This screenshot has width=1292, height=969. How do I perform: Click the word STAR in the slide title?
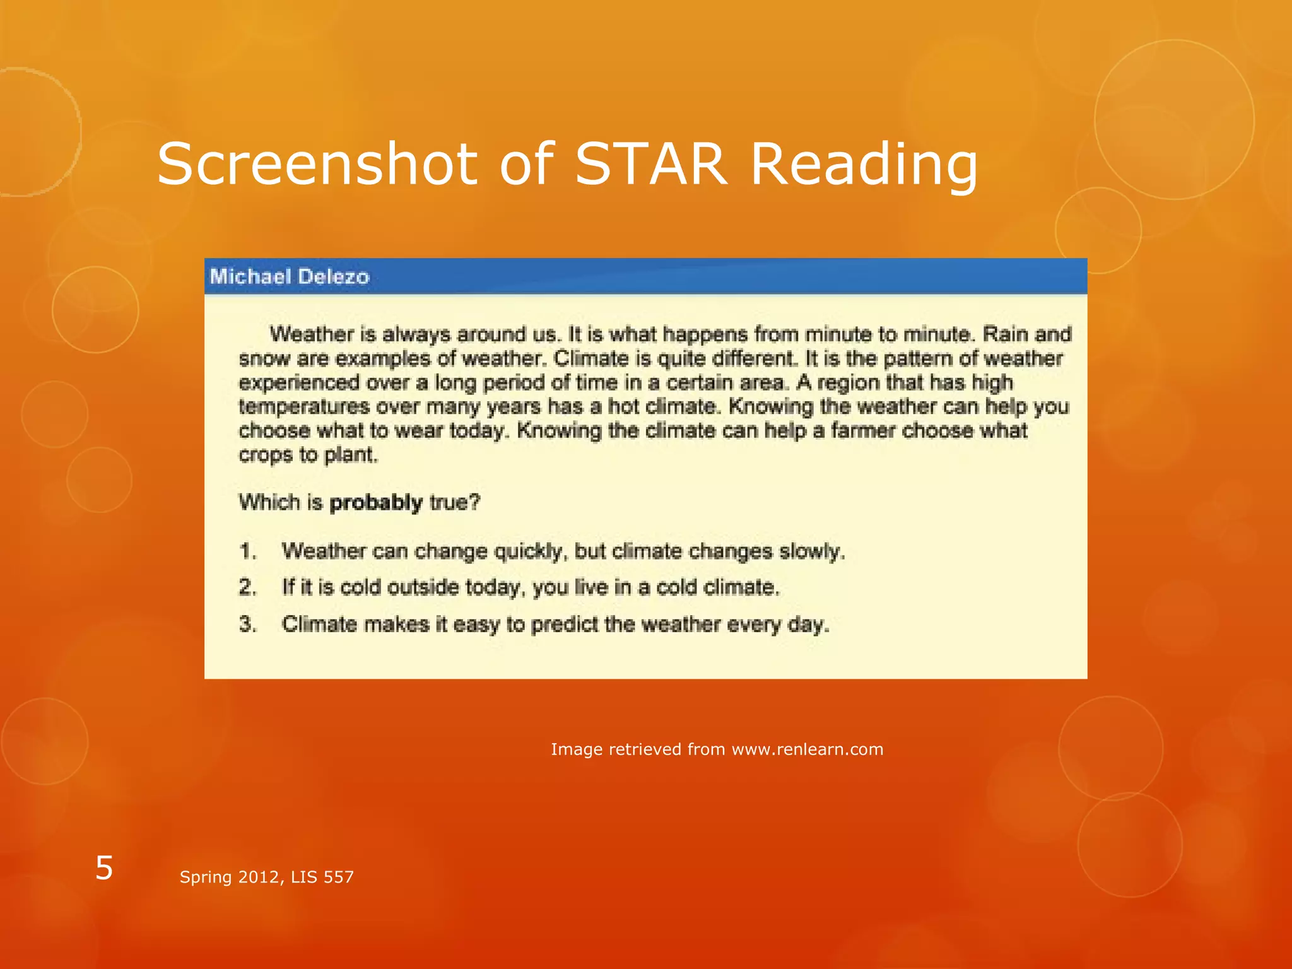coord(651,164)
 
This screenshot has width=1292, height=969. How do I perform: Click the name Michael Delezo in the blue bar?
coord(290,276)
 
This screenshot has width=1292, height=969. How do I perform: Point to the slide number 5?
coord(104,868)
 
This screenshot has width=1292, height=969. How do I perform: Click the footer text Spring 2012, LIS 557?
coord(267,877)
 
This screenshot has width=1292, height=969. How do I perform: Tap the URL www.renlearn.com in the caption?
coord(807,749)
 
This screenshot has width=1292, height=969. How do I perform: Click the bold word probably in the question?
coord(376,503)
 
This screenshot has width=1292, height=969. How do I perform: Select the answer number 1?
coord(248,551)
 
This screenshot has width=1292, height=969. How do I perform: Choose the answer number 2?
coord(248,587)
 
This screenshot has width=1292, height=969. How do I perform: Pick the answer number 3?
coord(248,624)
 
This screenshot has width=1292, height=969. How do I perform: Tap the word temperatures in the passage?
coord(304,407)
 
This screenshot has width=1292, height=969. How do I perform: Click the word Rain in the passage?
coord(1004,334)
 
